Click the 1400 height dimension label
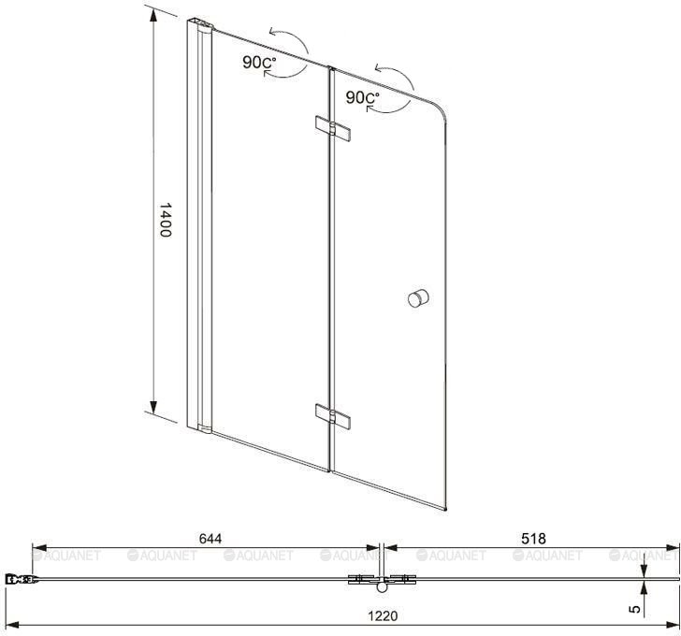(165, 220)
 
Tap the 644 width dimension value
(210, 539)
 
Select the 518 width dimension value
(533, 539)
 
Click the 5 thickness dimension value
(635, 609)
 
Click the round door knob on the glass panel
(418, 298)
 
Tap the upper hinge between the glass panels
(333, 128)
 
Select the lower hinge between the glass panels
(333, 416)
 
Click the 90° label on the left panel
(259, 63)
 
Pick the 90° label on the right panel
(362, 97)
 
